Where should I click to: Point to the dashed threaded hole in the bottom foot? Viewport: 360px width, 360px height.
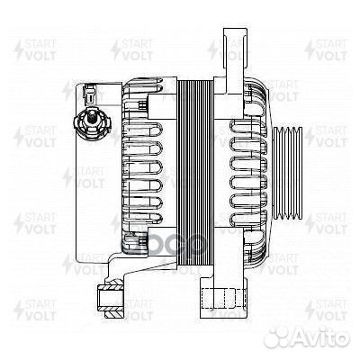(x=216, y=301)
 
